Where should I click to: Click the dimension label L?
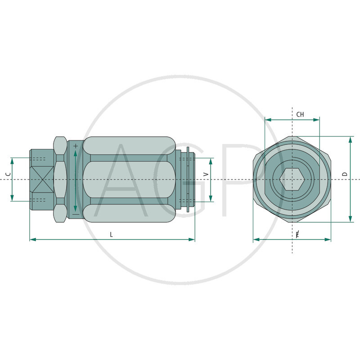[112, 234]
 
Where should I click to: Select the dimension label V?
[206, 174]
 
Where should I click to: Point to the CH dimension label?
[300, 115]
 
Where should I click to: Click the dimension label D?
[345, 174]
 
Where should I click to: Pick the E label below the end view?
[297, 234]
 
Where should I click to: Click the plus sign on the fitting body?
[76, 146]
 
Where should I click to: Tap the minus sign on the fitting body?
[76, 214]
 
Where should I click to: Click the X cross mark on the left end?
[41, 180]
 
